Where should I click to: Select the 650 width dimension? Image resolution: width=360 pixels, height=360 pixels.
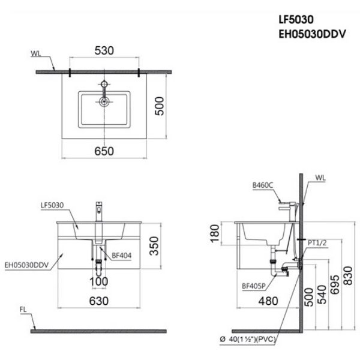(104, 151)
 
